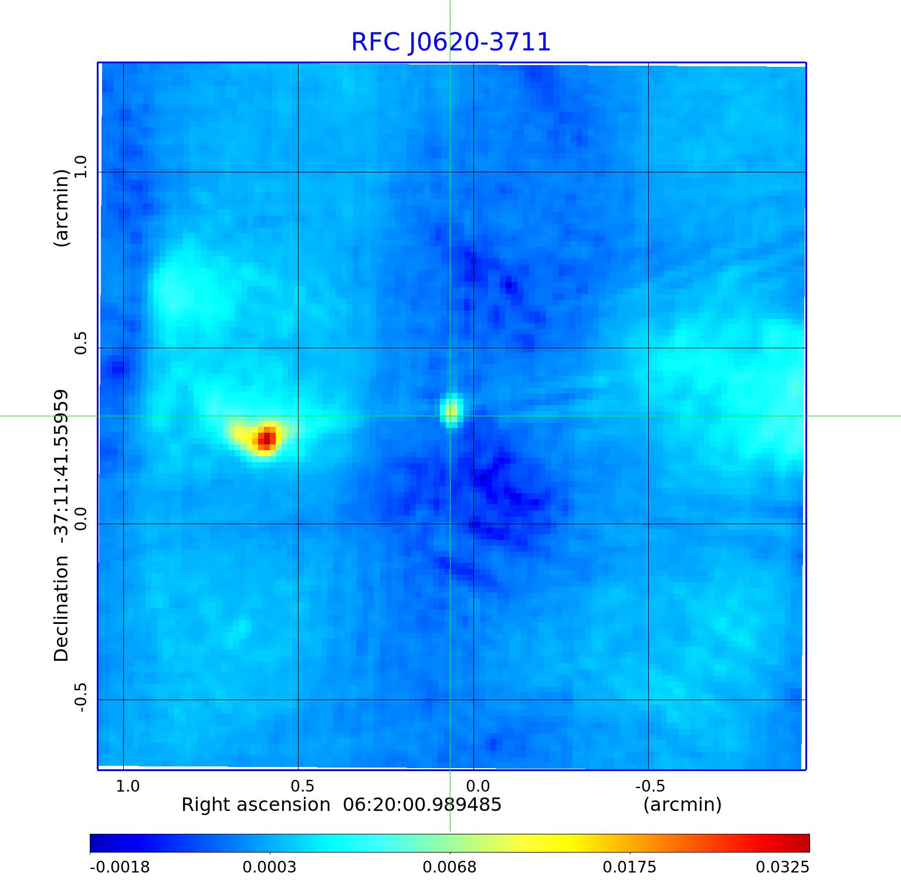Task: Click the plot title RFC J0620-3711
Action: coord(450,42)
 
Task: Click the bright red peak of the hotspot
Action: coord(267,437)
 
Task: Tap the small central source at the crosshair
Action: coord(451,410)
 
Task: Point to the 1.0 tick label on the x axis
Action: coord(127,786)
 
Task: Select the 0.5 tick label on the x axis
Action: coord(302,786)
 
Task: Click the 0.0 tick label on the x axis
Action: coord(478,786)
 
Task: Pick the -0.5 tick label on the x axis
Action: coord(649,786)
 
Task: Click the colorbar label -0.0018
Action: coord(120,867)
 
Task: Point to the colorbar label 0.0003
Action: coord(270,867)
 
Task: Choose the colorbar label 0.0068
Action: coord(450,867)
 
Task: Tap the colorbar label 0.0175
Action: coord(630,867)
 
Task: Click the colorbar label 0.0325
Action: coord(782,867)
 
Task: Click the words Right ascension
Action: coord(256,804)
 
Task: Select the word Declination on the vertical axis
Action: coord(62,609)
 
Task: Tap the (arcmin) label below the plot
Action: coord(682,804)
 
